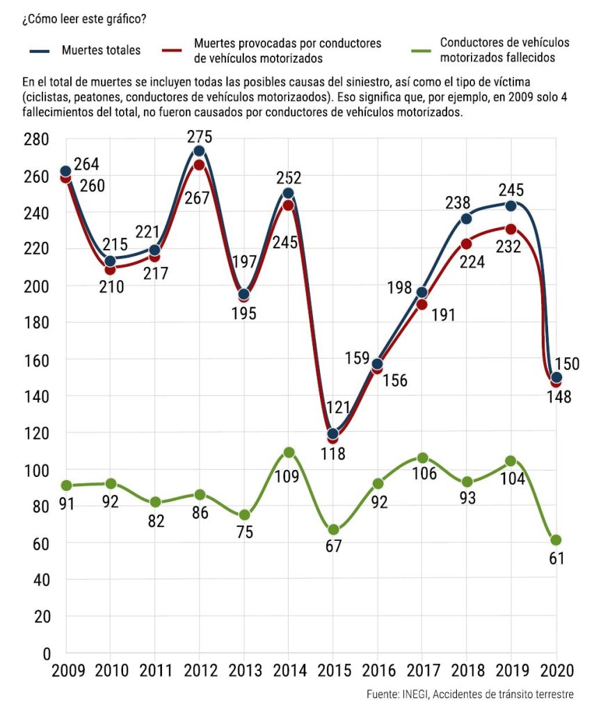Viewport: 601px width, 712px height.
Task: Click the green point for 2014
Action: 289,453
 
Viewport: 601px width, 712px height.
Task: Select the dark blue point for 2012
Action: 200,151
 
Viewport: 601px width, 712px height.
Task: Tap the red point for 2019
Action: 511,229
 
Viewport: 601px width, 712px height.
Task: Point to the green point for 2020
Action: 556,540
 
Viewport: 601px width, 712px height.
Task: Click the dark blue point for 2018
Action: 467,218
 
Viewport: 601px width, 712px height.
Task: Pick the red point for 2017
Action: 422,304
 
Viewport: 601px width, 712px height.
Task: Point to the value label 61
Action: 556,558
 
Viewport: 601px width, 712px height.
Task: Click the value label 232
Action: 510,248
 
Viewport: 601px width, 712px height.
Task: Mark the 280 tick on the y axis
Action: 35,140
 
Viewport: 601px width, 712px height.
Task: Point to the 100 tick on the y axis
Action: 35,471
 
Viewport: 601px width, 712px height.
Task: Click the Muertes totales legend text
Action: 101,50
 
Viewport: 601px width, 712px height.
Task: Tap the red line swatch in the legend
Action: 173,50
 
